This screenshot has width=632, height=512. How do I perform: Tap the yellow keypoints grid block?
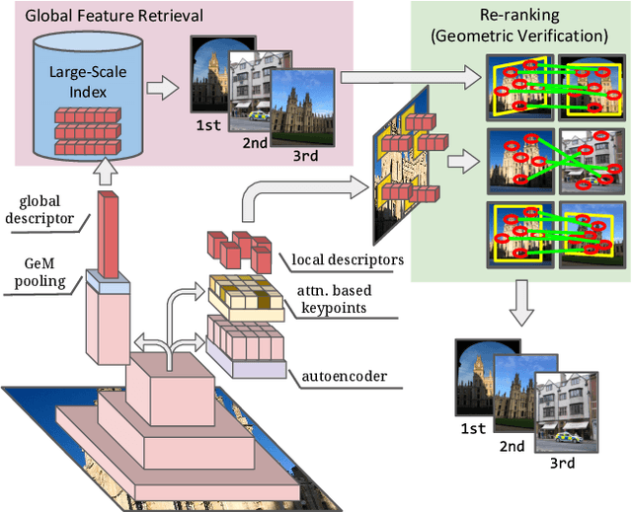coord(242,293)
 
